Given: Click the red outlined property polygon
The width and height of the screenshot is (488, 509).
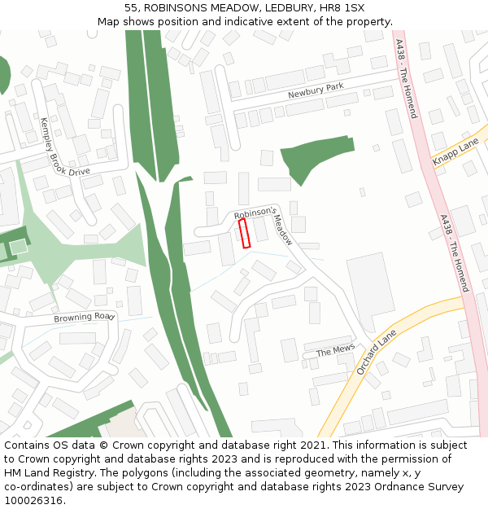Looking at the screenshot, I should pyautogui.click(x=243, y=233).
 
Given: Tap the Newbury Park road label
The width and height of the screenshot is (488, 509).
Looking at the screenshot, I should pyautogui.click(x=316, y=90).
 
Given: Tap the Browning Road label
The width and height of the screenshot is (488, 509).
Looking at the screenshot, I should pyautogui.click(x=85, y=316).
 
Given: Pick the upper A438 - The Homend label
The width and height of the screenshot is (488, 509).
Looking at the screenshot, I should pyautogui.click(x=406, y=78).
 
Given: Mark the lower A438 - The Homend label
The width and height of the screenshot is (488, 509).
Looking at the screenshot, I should pyautogui.click(x=455, y=253).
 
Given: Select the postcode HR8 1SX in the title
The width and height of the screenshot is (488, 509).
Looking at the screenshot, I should pyautogui.click(x=342, y=7).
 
